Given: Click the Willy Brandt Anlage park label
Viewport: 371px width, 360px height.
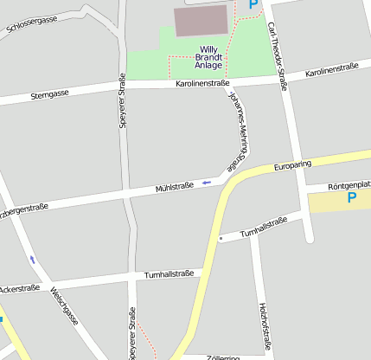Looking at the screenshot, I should click(209, 57).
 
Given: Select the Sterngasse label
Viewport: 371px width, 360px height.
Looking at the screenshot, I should click(48, 93).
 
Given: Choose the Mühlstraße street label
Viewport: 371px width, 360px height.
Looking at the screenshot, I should click(174, 187).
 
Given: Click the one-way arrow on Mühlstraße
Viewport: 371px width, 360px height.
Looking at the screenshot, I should click(207, 183).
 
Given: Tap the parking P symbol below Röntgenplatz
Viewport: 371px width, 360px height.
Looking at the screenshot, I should click(352, 199).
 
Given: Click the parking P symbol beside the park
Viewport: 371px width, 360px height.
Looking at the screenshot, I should click(253, 4).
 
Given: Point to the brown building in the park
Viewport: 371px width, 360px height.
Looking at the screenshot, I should click(201, 21).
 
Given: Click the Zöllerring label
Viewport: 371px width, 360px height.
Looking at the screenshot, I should click(224, 356).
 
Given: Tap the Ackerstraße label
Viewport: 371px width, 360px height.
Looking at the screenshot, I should click(21, 287).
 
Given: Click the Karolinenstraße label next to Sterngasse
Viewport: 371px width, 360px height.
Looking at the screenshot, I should click(202, 84).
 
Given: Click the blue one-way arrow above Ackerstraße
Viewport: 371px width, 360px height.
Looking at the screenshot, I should click(33, 259).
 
